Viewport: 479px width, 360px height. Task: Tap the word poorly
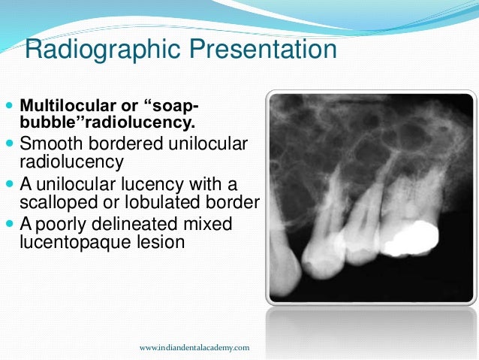62,225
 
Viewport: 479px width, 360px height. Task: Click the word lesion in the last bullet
155,243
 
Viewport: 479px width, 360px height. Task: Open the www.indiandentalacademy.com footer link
194,348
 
